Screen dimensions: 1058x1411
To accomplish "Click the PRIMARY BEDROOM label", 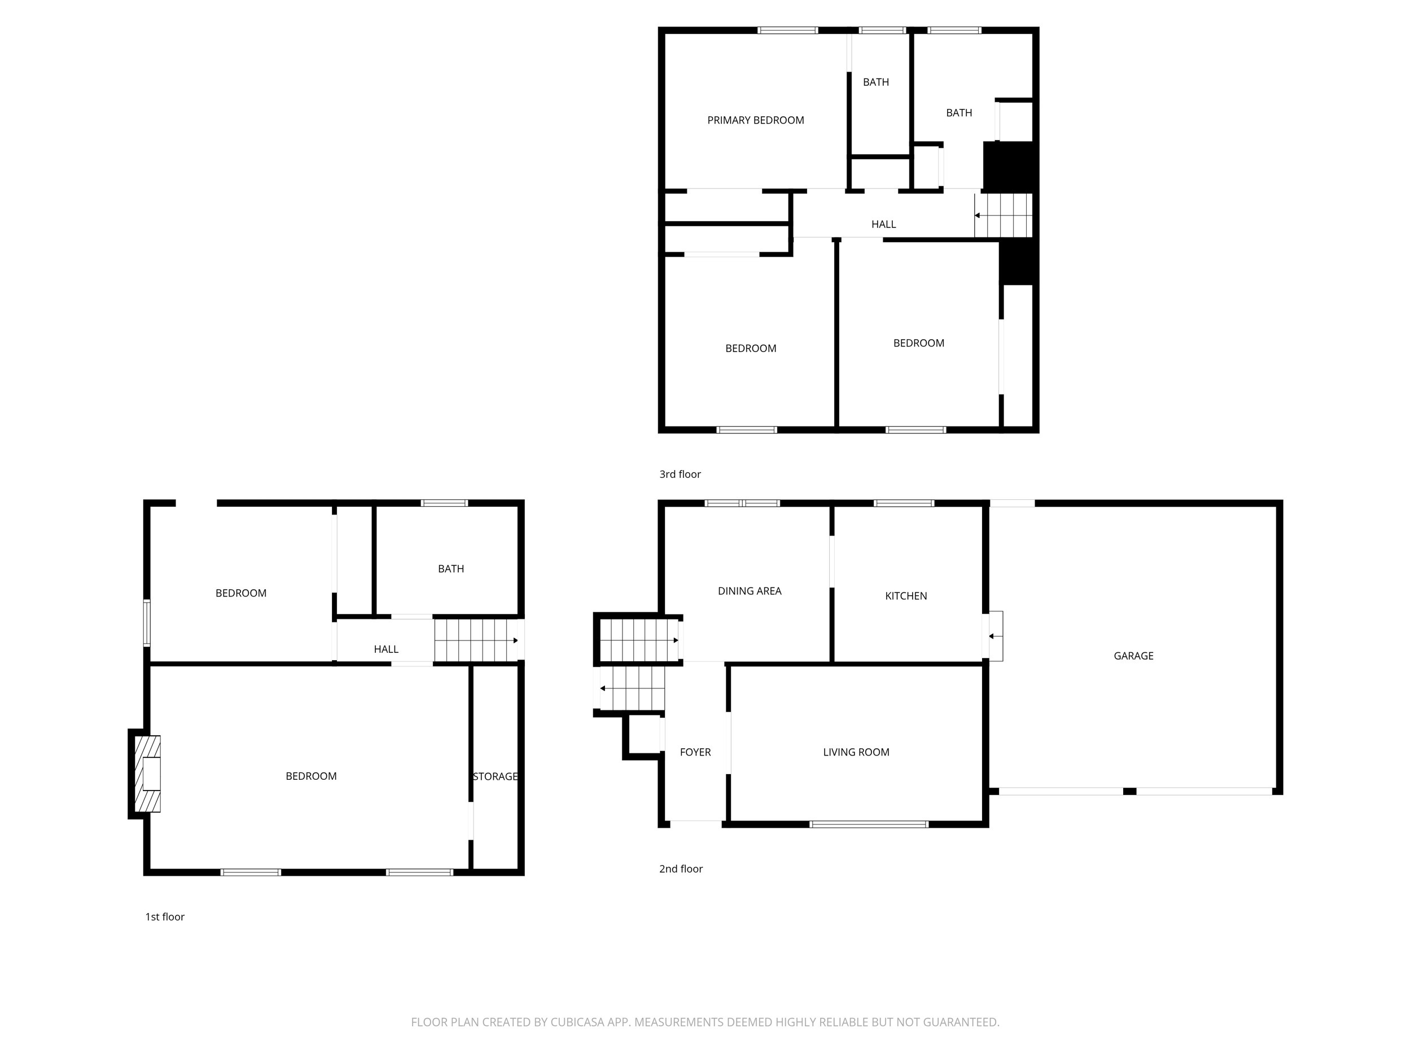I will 755,120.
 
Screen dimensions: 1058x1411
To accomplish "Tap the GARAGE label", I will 1133,656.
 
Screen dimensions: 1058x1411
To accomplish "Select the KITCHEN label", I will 906,596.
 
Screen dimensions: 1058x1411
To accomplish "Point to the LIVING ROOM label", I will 856,752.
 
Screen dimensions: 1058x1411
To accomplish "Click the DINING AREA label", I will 750,591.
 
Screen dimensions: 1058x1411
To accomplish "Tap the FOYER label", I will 695,752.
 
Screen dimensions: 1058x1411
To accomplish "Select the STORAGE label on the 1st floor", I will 495,776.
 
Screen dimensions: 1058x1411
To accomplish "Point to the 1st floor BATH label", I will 450,568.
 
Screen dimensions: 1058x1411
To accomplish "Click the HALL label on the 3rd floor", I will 883,224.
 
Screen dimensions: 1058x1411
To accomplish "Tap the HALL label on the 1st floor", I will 386,648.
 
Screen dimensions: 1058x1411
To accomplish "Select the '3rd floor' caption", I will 680,474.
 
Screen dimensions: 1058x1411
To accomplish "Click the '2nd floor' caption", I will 681,868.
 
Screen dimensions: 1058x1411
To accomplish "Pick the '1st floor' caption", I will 165,916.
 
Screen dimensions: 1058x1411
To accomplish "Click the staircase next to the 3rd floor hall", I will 1004,216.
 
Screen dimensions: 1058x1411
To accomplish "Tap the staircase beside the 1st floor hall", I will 476,640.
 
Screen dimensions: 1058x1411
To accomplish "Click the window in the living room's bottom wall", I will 869,824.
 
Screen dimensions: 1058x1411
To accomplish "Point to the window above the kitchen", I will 904,503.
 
